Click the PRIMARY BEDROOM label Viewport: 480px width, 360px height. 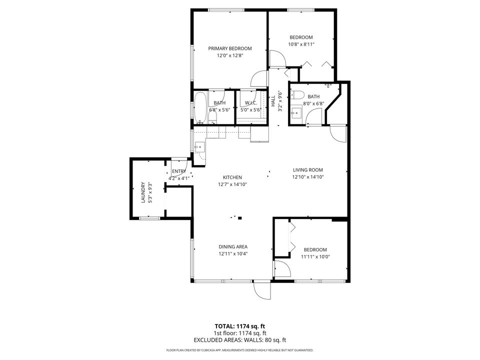point(230,48)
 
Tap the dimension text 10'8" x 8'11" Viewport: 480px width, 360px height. point(301,44)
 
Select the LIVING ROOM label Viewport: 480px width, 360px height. point(307,169)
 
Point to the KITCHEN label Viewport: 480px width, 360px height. point(232,177)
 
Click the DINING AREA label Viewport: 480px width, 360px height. point(233,246)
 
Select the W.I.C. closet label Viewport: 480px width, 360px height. point(250,103)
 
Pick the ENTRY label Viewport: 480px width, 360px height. point(178,171)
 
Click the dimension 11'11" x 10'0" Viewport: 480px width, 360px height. point(315,257)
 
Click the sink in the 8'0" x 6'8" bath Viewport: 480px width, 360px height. point(296,111)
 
